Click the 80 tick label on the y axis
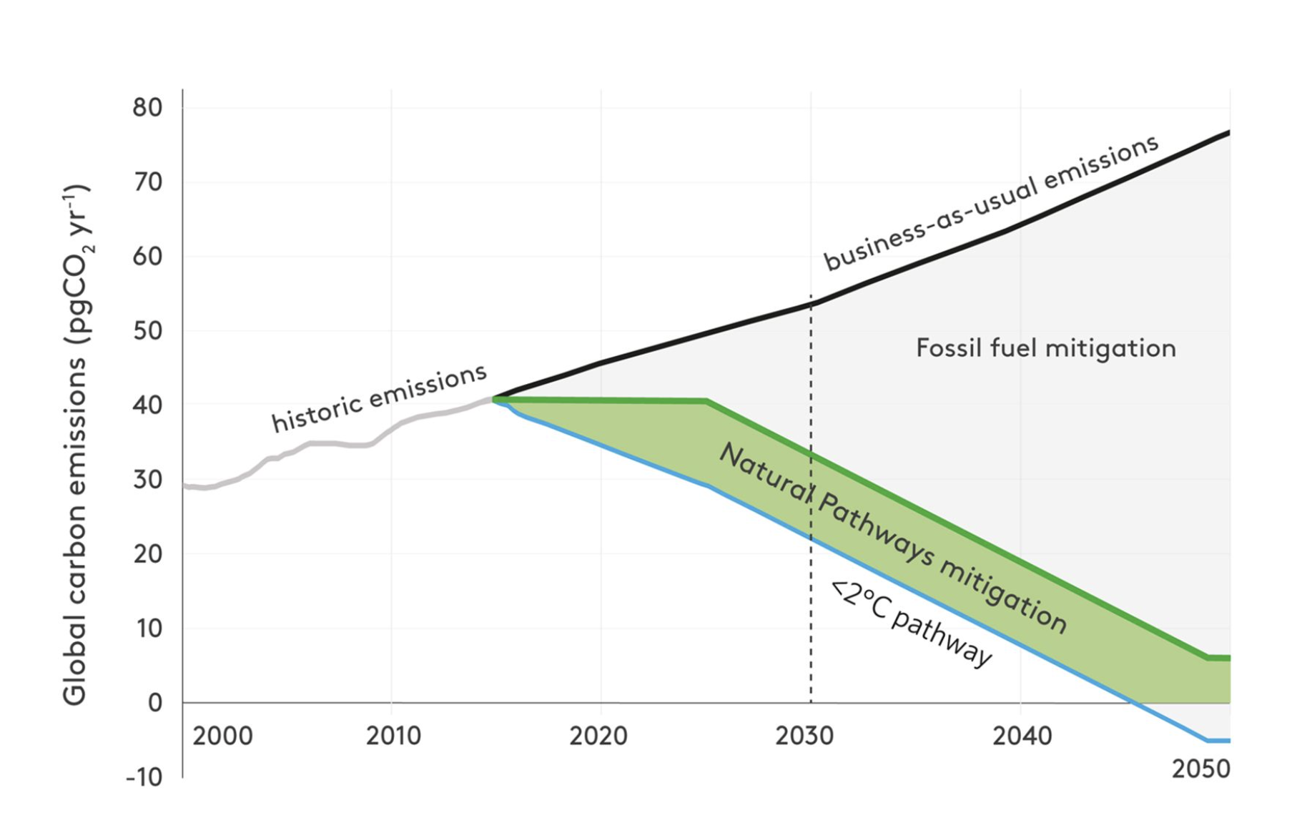click(x=147, y=108)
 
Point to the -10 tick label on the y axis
click(x=144, y=777)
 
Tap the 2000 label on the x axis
click(x=222, y=736)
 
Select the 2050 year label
click(x=1200, y=769)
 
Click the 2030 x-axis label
click(x=804, y=736)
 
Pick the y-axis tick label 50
click(x=147, y=331)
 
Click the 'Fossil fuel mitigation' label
click(x=1045, y=348)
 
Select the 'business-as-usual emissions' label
click(x=991, y=202)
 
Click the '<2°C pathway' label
click(x=912, y=623)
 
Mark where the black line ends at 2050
click(x=1228, y=132)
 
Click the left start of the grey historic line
click(x=185, y=486)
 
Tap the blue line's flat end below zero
click(x=1219, y=740)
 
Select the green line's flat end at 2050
click(x=1219, y=658)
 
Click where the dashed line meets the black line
click(x=811, y=304)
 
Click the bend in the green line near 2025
click(x=706, y=401)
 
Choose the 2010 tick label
click(x=393, y=736)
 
